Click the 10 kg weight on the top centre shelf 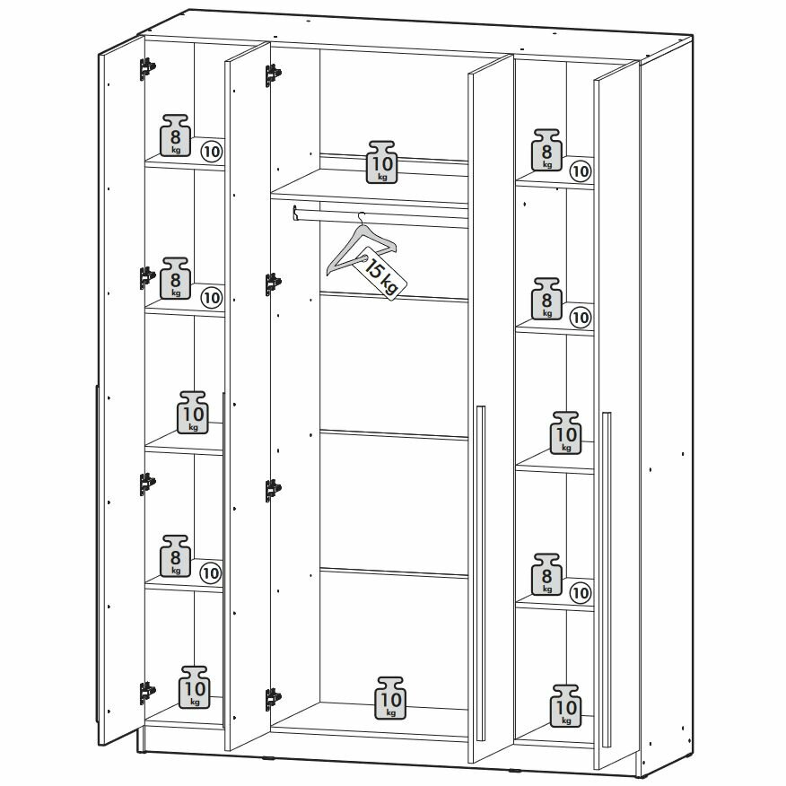coord(383,162)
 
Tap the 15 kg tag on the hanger coord(380,275)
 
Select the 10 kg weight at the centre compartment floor coord(390,697)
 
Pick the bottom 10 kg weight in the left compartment coord(195,688)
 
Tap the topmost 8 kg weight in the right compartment coord(547,149)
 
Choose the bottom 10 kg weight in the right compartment coord(566,705)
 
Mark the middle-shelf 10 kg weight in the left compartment coord(194,412)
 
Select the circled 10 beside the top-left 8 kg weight coord(212,151)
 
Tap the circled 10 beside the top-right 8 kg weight coord(581,170)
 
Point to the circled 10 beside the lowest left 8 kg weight coord(211,572)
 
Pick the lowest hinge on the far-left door coord(146,693)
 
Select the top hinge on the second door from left coord(272,74)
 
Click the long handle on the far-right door coord(607,574)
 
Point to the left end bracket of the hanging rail coord(295,213)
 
